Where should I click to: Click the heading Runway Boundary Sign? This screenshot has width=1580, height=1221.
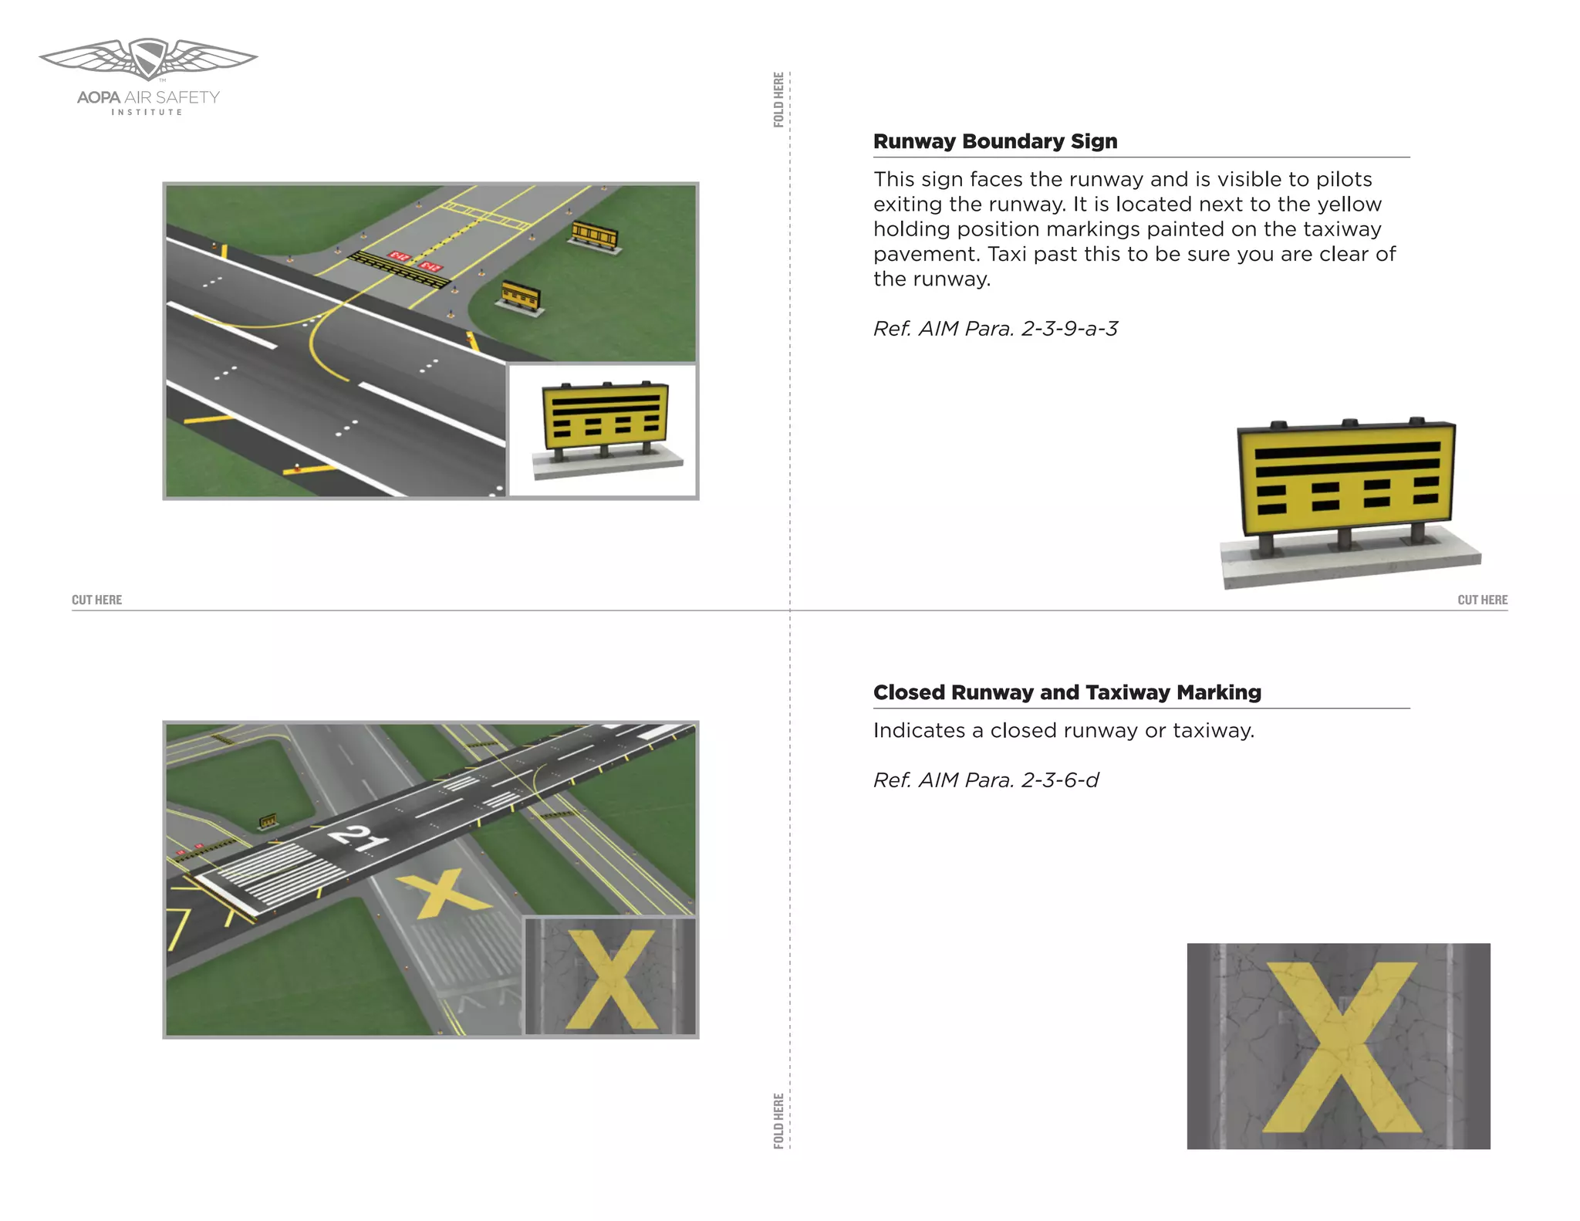995,141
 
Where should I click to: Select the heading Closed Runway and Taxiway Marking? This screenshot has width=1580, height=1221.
1067,692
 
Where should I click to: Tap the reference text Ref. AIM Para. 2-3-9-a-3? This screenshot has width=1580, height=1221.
995,329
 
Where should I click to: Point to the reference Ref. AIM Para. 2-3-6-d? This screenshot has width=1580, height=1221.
986,780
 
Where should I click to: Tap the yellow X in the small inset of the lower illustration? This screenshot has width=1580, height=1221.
610,979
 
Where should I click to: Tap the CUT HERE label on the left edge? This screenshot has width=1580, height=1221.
96,600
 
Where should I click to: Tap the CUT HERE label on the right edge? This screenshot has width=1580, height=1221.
1482,600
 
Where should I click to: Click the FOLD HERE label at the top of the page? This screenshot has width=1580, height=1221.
778,100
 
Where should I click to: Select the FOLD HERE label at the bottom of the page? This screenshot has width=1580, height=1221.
778,1121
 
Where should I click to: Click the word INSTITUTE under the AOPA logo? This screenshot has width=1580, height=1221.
147,113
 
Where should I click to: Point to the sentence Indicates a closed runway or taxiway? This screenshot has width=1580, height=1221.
1064,730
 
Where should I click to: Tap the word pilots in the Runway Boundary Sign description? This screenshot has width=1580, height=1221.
1344,179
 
